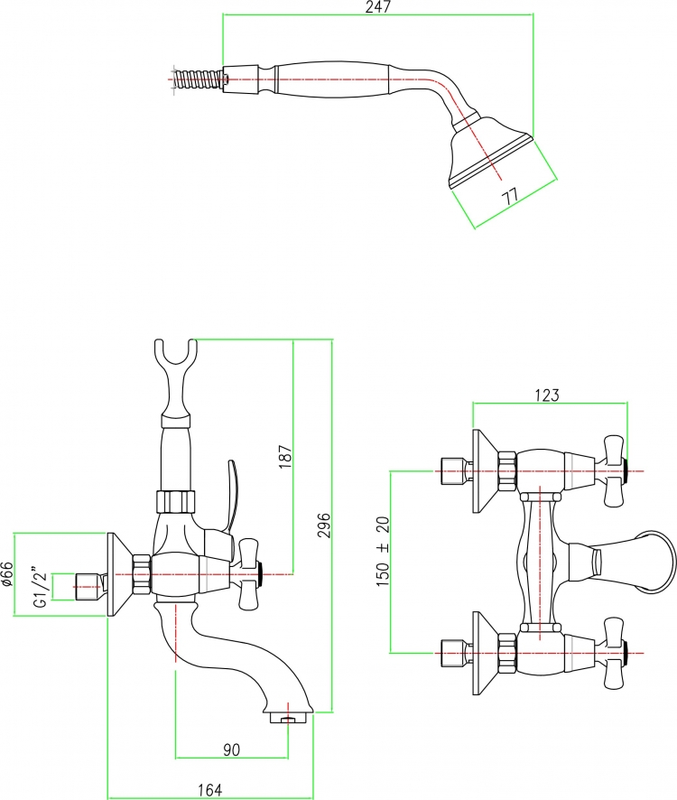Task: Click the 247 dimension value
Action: click(378, 6)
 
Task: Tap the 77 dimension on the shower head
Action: click(511, 196)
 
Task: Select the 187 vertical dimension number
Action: click(286, 457)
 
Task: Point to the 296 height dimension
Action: click(325, 525)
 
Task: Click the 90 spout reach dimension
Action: click(232, 749)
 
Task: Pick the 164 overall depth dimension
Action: click(209, 790)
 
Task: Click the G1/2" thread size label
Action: click(41, 586)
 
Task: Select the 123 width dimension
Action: click(547, 395)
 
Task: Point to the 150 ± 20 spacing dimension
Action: click(383, 551)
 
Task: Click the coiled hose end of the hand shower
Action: click(199, 79)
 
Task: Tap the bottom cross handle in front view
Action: click(614, 653)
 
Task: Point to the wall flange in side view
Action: click(119, 574)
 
